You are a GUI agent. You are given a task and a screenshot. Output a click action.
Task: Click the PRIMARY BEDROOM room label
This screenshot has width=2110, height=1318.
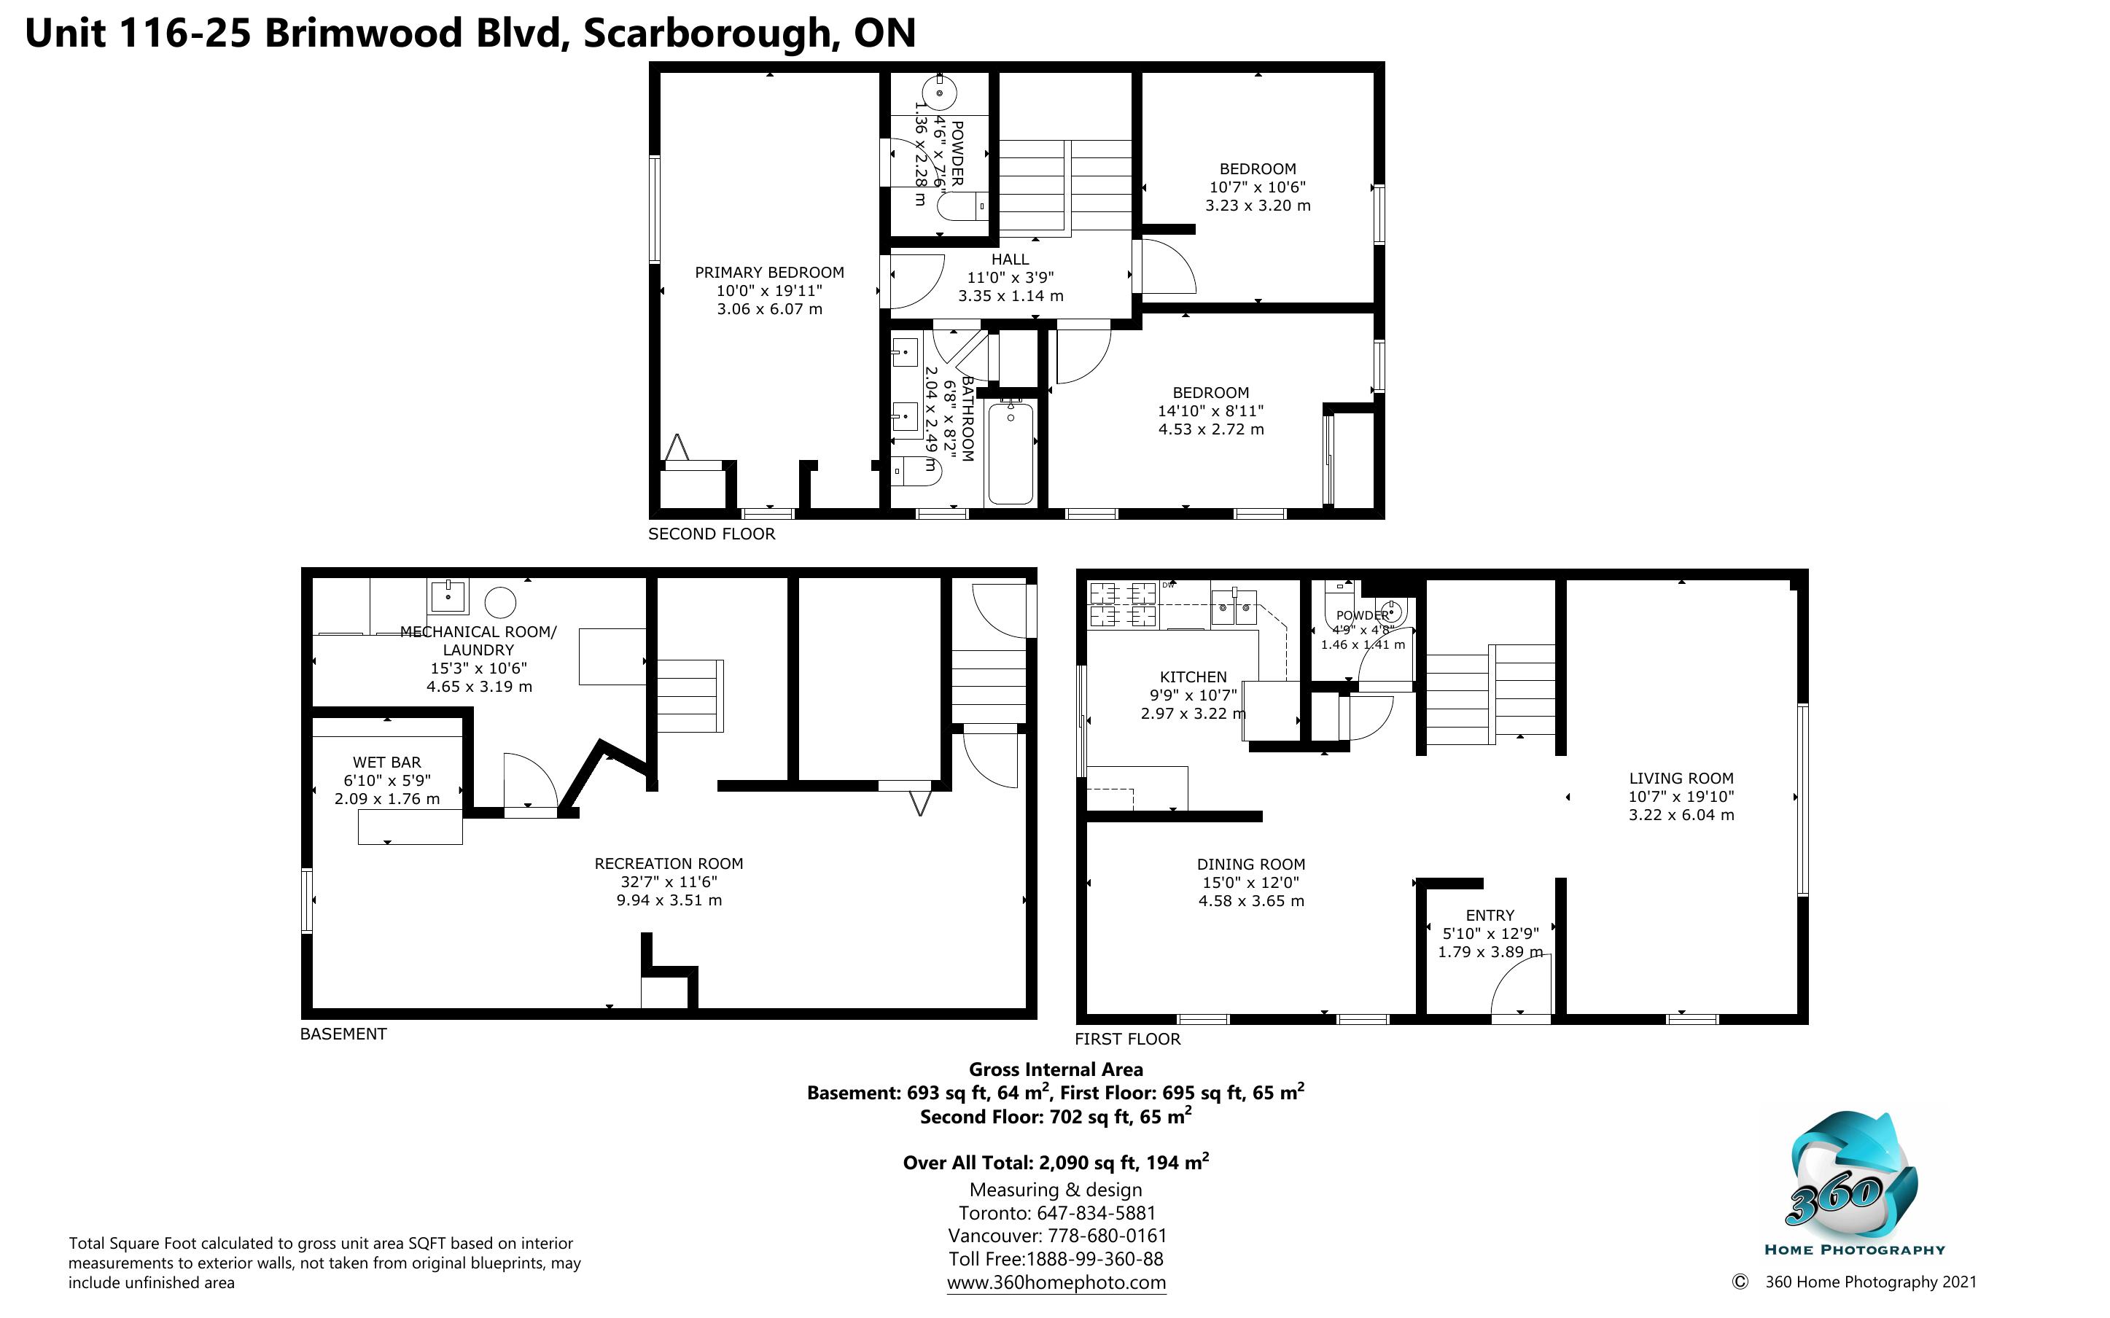[770, 273]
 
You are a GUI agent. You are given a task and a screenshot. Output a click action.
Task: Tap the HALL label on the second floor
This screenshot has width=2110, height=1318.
[1010, 259]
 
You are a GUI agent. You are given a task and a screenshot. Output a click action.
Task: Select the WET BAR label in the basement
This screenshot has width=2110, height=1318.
[387, 763]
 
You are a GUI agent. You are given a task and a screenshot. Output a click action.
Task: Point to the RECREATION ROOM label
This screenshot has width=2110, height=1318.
[669, 864]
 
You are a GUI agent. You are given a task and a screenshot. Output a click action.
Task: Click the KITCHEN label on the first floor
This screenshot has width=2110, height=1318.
[1193, 677]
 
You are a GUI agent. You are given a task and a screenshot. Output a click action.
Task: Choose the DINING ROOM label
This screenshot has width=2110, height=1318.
[1250, 865]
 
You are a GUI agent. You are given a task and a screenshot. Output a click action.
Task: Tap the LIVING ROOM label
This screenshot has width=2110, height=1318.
[1681, 779]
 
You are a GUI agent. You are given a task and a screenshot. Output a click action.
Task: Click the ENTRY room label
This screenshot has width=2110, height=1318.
[1490, 916]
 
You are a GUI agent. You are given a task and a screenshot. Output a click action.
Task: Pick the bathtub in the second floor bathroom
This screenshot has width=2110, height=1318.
[1011, 453]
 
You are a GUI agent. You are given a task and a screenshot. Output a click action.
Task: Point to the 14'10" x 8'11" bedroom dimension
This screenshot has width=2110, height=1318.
[1210, 411]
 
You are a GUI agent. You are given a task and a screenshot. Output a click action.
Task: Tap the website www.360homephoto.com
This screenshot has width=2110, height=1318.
[1056, 1282]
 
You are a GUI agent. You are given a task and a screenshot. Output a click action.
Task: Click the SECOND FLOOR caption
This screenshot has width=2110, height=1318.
[711, 534]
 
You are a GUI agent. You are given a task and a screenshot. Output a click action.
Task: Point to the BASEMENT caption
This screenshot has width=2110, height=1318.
[343, 1034]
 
